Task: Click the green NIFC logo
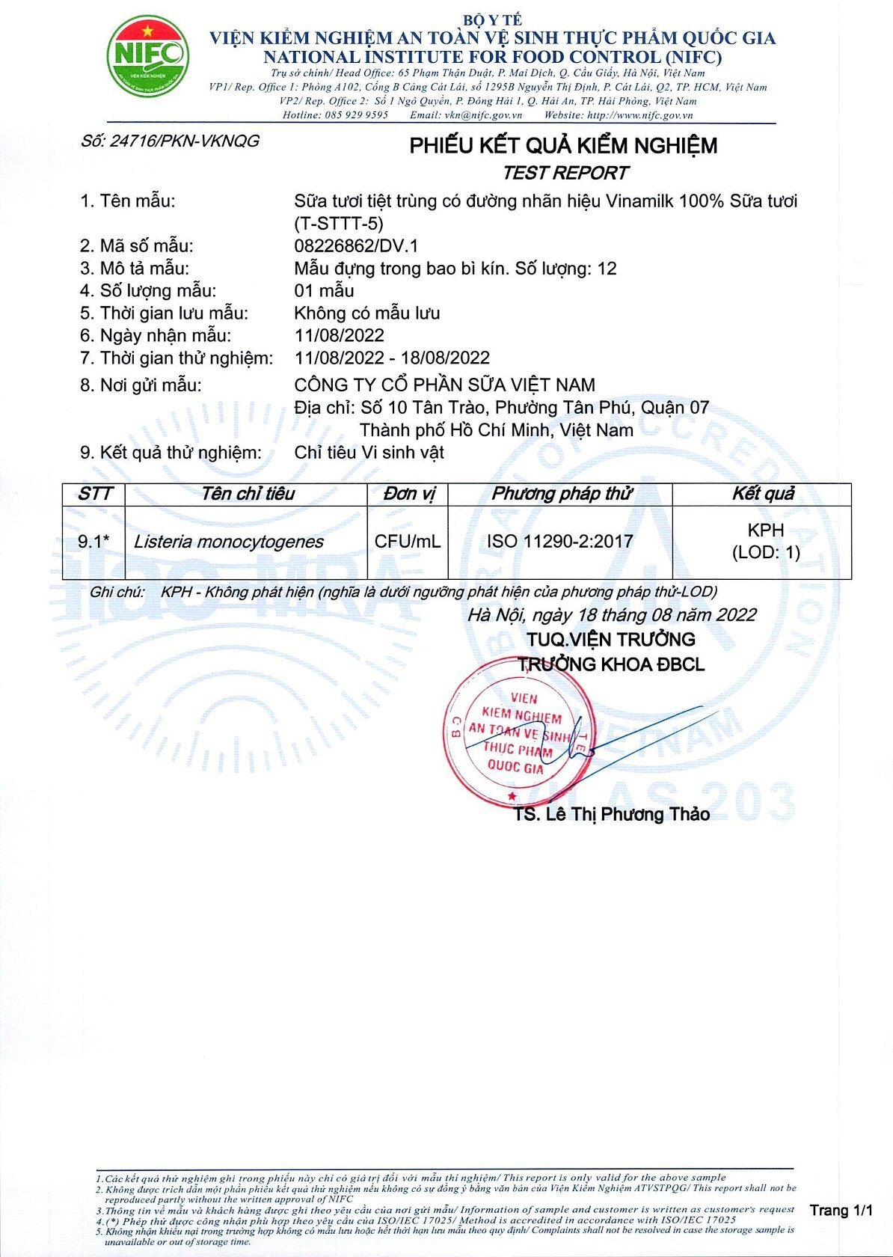pos(147,57)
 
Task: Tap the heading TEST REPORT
pos(565,173)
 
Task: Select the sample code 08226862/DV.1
pos(356,245)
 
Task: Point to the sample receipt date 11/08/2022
pos(339,335)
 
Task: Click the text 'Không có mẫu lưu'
pos(366,313)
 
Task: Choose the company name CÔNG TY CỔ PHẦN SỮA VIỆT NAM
pos(444,385)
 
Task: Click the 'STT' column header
pos(94,494)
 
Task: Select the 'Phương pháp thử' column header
pos(561,494)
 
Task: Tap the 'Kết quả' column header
pos(762,494)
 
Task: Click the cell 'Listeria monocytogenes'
pos(228,542)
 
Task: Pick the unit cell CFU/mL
pos(408,541)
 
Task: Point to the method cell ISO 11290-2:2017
pos(559,541)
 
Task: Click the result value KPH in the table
pos(765,530)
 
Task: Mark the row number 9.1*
pos(93,542)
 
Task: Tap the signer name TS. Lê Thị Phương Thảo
pos(611,814)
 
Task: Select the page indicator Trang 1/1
pos(841,1210)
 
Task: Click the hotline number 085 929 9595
pos(356,115)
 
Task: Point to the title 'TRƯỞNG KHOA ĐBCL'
pos(611,664)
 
